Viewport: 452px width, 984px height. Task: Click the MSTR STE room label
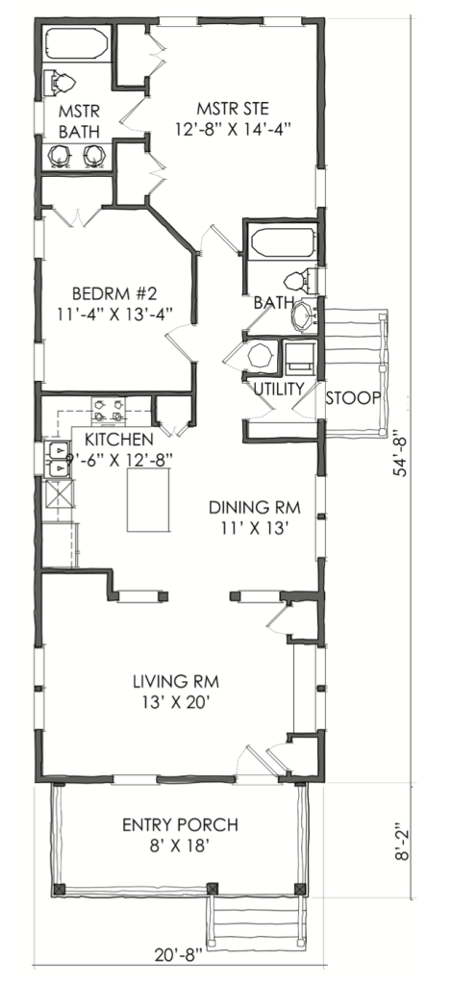click(231, 106)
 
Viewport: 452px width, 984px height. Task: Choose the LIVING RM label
click(173, 681)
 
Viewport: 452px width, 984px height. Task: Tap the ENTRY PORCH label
click(181, 825)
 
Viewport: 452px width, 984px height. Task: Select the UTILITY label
click(279, 389)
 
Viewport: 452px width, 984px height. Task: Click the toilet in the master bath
click(63, 82)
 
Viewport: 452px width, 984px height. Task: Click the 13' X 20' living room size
click(173, 702)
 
